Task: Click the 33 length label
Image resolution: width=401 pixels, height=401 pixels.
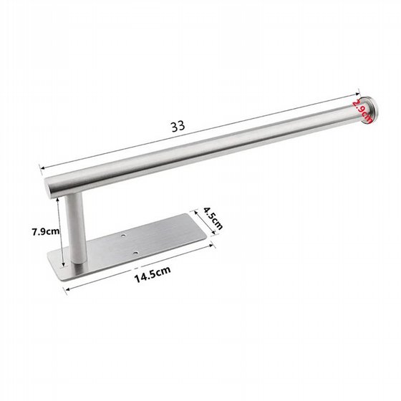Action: (x=178, y=126)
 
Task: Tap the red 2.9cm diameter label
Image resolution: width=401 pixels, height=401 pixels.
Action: (x=362, y=111)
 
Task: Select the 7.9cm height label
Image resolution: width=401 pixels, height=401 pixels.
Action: (x=46, y=232)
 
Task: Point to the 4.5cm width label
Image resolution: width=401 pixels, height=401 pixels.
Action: (x=213, y=218)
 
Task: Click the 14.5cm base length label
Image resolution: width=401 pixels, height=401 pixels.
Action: (x=153, y=274)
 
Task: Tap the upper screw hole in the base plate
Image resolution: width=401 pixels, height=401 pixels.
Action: (x=123, y=235)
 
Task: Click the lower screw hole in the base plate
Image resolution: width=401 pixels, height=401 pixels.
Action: (x=135, y=253)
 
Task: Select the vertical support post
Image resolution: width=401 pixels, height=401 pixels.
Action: (x=74, y=228)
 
